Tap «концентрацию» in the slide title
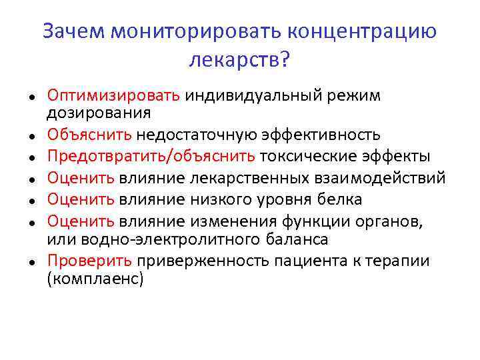(x=363, y=31)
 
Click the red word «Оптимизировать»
(x=113, y=95)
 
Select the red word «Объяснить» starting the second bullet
(x=89, y=135)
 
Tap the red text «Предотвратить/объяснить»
(x=151, y=157)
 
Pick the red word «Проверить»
(x=90, y=261)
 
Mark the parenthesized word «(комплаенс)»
(x=95, y=278)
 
